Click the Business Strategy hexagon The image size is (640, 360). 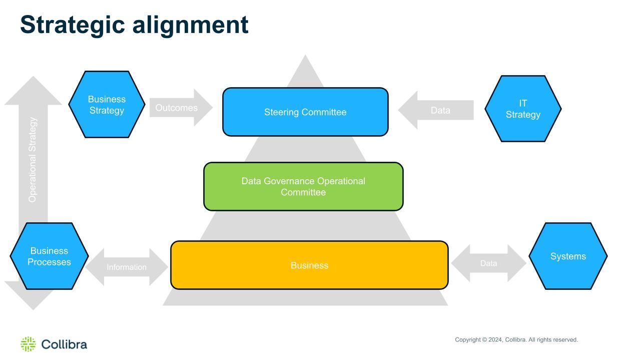coord(107,104)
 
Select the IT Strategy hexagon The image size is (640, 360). coord(523,109)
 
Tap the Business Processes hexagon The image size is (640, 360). coord(49,256)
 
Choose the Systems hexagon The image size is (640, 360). coord(568,256)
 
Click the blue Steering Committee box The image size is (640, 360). coord(305,112)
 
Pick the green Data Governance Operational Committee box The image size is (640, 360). coord(303,186)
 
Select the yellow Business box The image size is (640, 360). coord(309,265)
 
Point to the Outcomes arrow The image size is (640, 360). coord(181,108)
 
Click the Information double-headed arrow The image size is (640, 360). coord(127,267)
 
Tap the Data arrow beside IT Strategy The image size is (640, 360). coord(436,110)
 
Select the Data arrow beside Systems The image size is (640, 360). coord(488,263)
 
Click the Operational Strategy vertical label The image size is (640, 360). coord(33,160)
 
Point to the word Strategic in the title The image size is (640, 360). coord(73,25)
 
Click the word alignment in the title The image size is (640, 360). coord(191,25)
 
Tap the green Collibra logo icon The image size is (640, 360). coord(28,344)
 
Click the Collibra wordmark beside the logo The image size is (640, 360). coord(64,344)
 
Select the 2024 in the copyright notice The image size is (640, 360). coord(495,339)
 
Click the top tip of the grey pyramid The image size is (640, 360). coord(305,55)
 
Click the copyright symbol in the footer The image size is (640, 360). coord(484,339)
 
